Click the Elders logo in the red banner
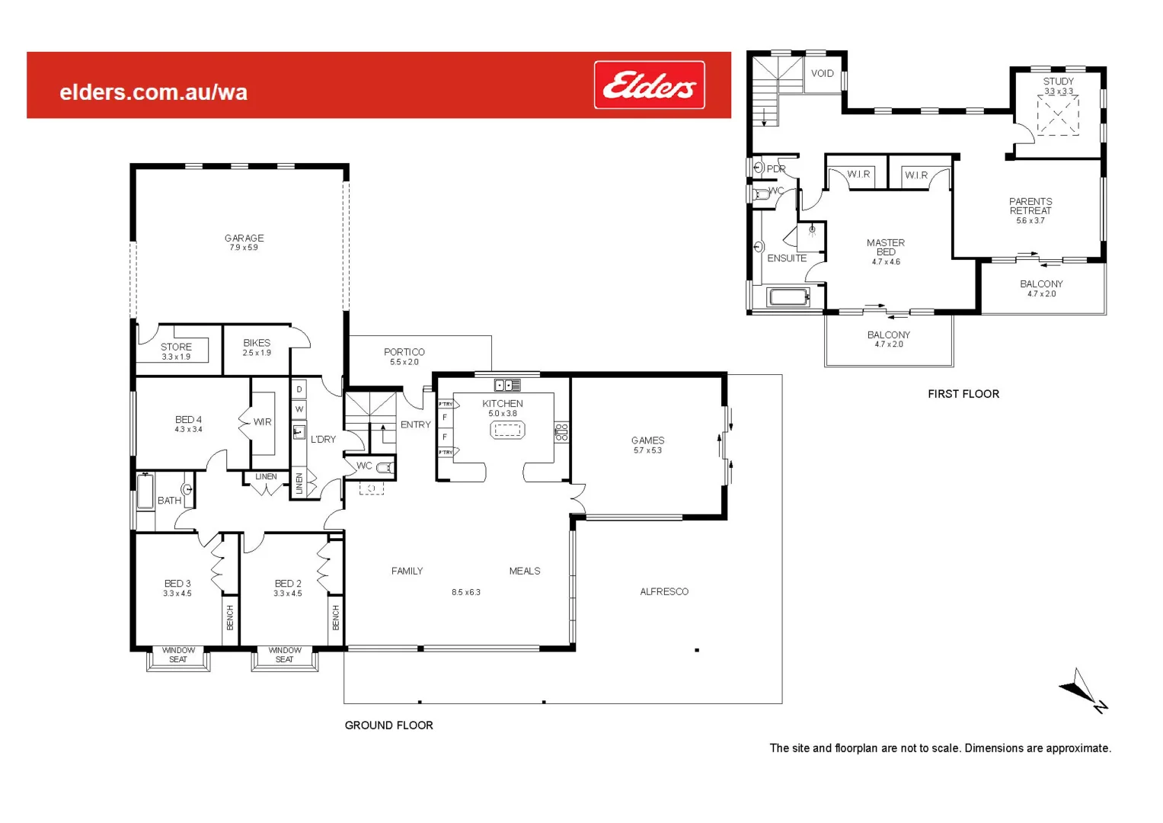point(649,85)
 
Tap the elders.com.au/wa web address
point(153,93)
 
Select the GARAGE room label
point(244,238)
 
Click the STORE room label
point(176,347)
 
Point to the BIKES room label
point(257,343)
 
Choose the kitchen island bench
point(507,431)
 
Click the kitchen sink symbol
point(507,386)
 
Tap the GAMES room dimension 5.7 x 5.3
point(647,450)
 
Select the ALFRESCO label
point(664,591)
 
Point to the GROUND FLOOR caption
point(388,725)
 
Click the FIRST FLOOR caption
point(963,394)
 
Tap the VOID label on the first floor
point(822,74)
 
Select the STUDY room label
point(1058,82)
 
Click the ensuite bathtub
point(788,296)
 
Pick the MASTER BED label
point(886,247)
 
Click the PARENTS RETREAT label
point(1030,206)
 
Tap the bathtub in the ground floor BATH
point(145,492)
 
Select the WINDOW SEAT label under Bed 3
point(178,655)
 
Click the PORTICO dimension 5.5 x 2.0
point(404,362)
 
